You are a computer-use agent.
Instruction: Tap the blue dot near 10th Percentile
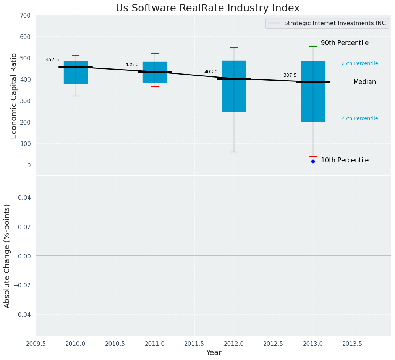coord(313,161)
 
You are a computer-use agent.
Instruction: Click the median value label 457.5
coord(52,60)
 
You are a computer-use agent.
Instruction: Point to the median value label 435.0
coord(132,65)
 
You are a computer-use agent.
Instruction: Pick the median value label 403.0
coord(211,72)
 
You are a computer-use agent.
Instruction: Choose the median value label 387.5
coord(290,75)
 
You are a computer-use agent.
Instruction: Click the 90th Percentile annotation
coord(345,43)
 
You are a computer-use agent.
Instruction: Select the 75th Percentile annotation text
coord(359,63)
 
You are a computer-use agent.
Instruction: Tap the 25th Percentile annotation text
coord(359,118)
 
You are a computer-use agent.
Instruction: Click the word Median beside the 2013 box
coord(364,82)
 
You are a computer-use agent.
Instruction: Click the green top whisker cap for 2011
coord(155,53)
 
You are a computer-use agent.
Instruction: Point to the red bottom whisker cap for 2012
coord(234,152)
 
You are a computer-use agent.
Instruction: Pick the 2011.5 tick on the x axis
coord(194,344)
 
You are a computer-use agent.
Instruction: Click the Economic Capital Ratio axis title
coord(14,96)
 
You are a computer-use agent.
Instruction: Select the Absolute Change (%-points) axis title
coord(7,256)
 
